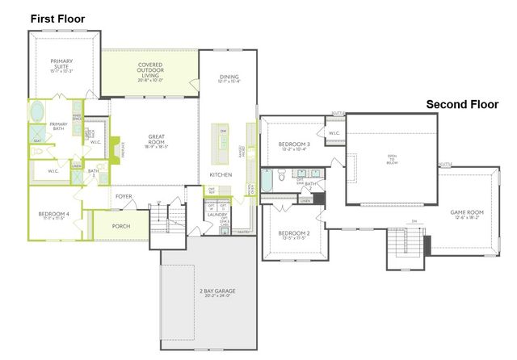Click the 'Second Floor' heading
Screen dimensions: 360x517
463,104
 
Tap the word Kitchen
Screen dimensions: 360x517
221,174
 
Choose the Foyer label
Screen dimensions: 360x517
123,195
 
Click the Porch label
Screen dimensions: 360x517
121,226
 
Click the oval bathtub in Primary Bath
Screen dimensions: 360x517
38,111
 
